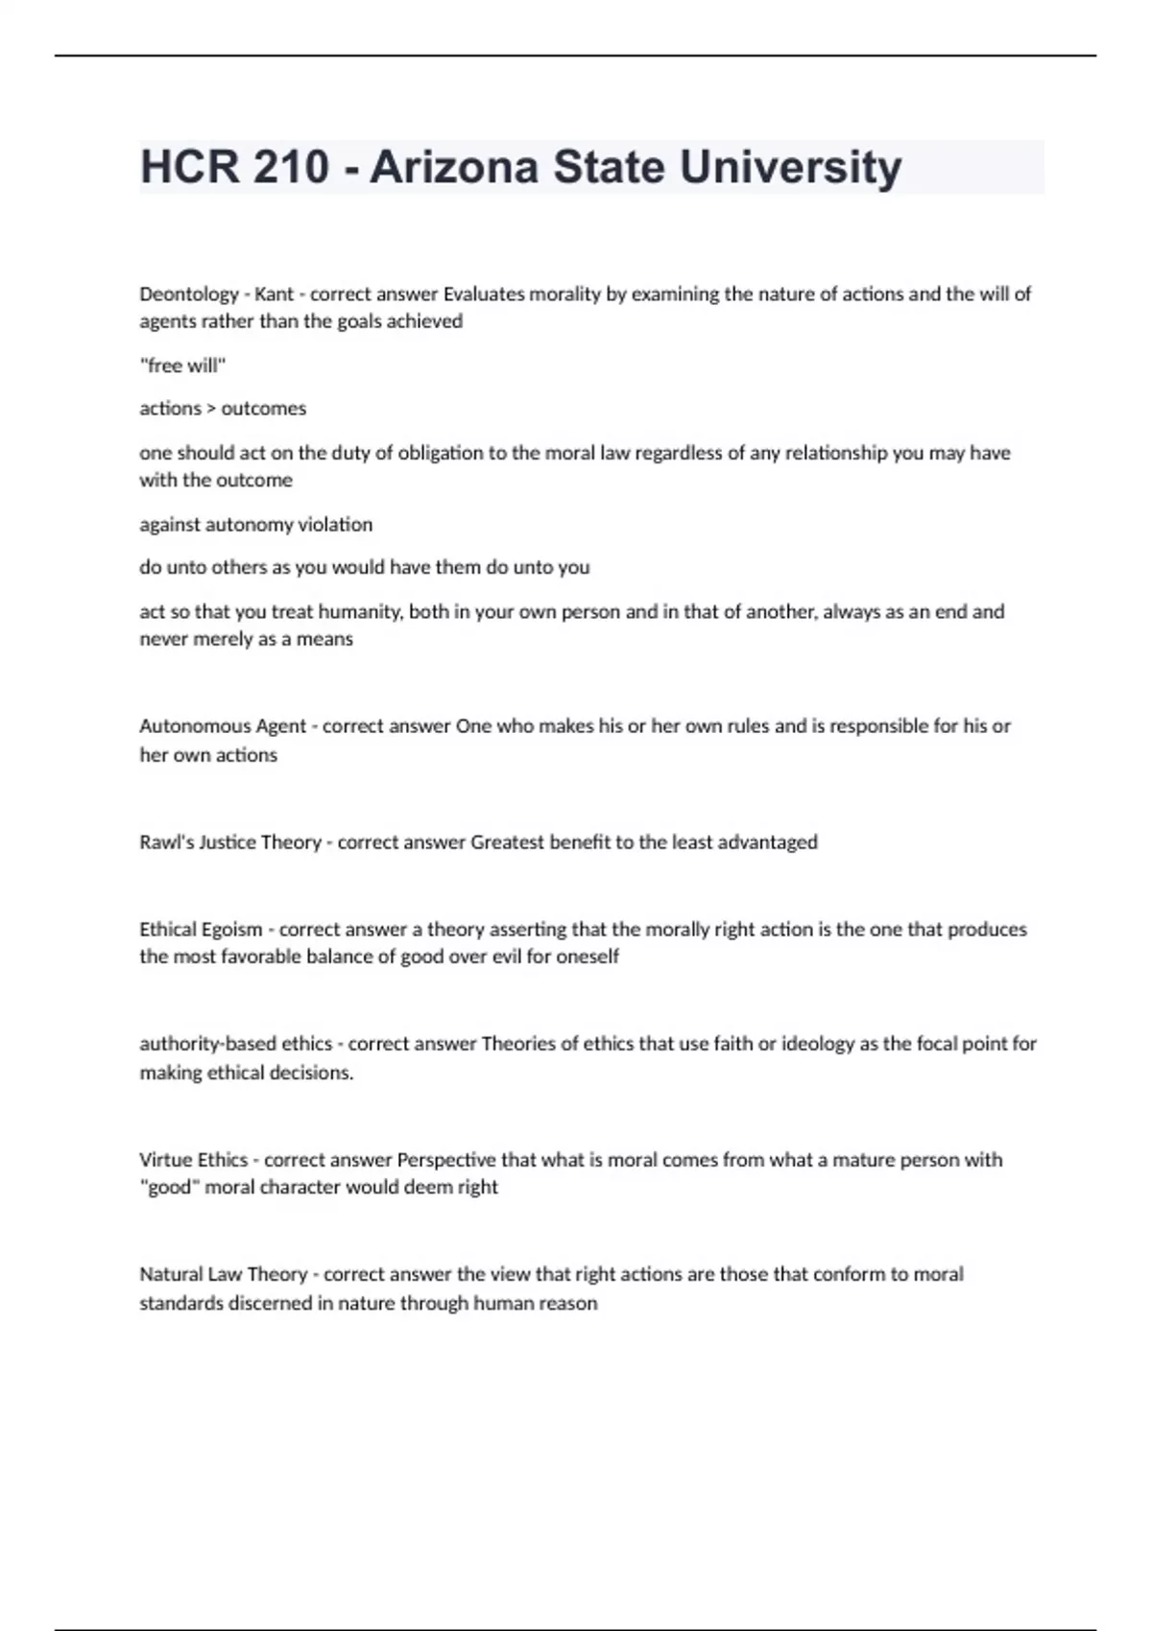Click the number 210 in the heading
tap(292, 167)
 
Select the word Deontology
tap(189, 294)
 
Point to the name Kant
tap(274, 294)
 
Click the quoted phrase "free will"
tap(182, 366)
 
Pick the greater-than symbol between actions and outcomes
tap(211, 409)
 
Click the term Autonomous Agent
tap(223, 726)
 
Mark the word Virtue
tap(165, 1160)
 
